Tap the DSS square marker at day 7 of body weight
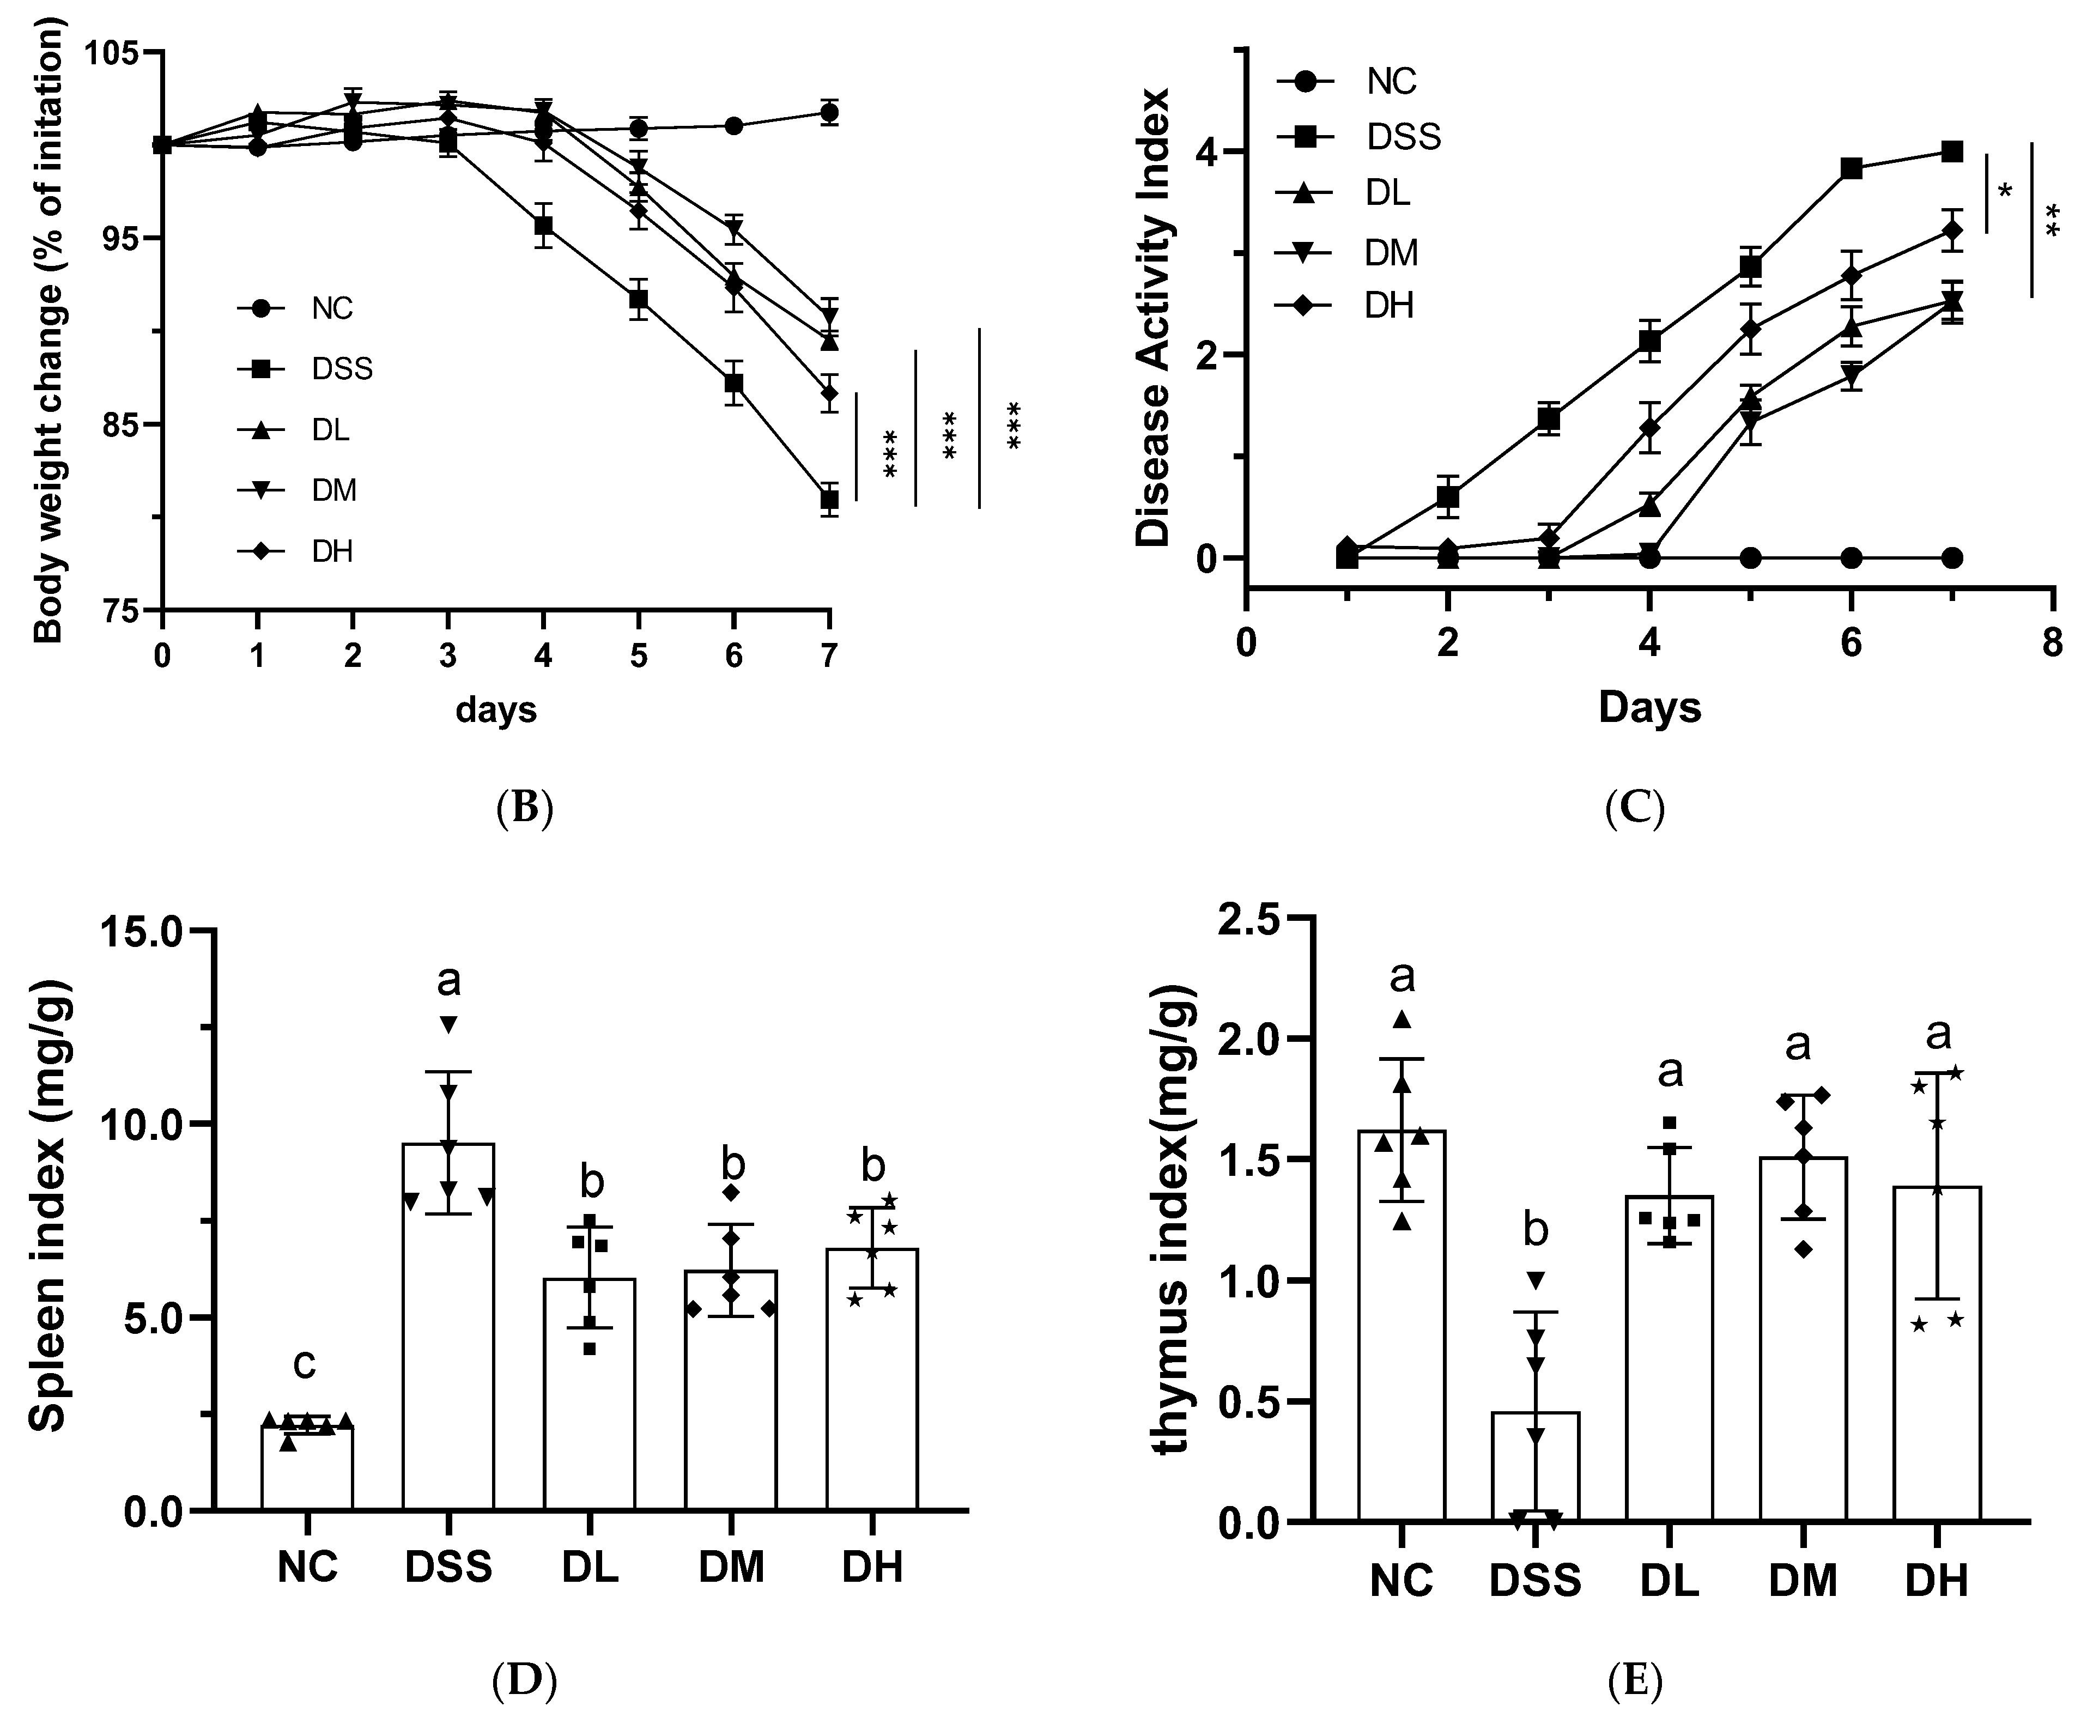[x=829, y=500]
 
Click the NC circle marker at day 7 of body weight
[x=829, y=113]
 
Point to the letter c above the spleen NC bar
[x=305, y=1365]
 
